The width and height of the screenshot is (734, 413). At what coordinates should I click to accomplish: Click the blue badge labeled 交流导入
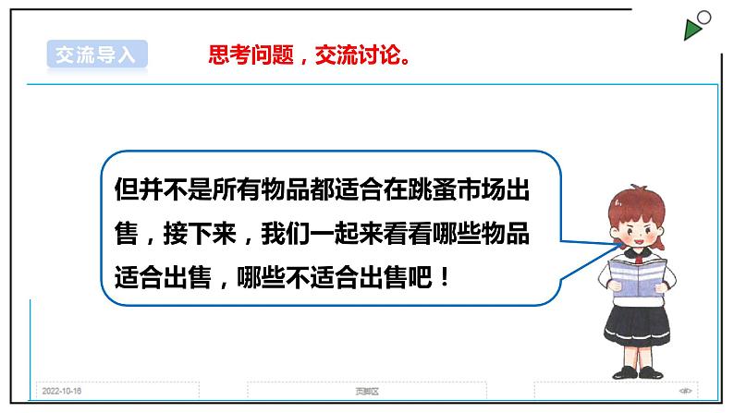click(x=95, y=54)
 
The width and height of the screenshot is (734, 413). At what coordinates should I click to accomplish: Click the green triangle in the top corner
click(x=693, y=30)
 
